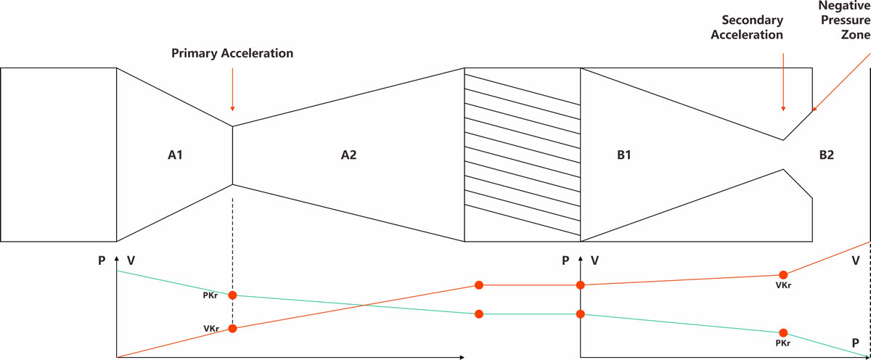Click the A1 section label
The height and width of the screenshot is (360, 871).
pyautogui.click(x=173, y=155)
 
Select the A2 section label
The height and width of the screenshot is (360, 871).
pyautogui.click(x=348, y=155)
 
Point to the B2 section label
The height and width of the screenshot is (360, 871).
pyautogui.click(x=827, y=155)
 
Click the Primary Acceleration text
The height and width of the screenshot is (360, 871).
pyautogui.click(x=232, y=54)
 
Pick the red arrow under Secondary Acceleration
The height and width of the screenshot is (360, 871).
pyautogui.click(x=782, y=87)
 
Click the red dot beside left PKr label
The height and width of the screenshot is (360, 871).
pyautogui.click(x=232, y=295)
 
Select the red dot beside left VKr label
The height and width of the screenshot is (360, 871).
pyautogui.click(x=232, y=328)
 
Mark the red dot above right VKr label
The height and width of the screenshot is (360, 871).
pyautogui.click(x=782, y=274)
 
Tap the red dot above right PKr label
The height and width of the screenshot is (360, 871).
pyautogui.click(x=782, y=332)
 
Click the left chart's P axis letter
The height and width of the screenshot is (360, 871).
pyautogui.click(x=102, y=260)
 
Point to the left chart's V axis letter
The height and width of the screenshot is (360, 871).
pyautogui.click(x=131, y=260)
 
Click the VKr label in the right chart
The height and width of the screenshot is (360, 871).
pyautogui.click(x=782, y=285)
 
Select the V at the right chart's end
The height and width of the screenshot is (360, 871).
pyautogui.click(x=856, y=258)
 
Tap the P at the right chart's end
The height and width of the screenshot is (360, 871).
pyautogui.click(x=856, y=342)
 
